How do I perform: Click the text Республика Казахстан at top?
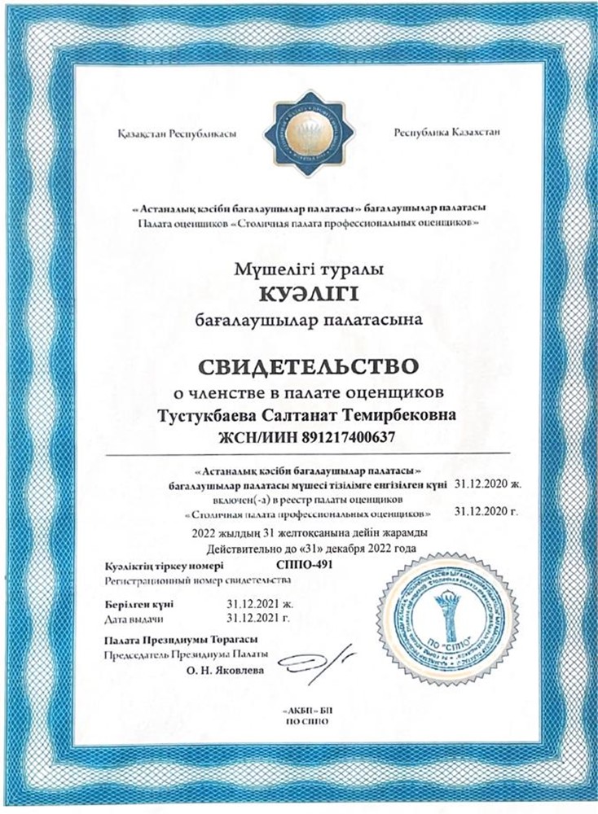click(446, 133)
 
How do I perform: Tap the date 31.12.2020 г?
click(486, 512)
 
